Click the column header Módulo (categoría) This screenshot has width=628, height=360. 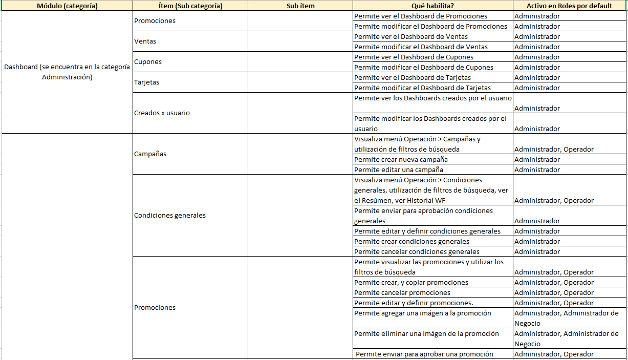tap(67, 6)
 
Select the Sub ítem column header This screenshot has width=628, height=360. tap(300, 6)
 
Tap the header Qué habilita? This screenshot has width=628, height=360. tap(432, 6)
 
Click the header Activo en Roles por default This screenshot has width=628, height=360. tap(570, 6)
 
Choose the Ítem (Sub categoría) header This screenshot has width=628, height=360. tap(190, 6)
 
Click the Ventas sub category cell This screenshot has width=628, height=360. tap(145, 41)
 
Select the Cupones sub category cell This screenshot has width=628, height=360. tap(148, 62)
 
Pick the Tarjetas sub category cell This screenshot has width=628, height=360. tap(146, 82)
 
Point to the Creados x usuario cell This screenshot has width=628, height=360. tap(162, 113)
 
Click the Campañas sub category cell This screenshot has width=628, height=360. tap(150, 154)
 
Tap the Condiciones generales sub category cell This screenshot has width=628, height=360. tap(170, 216)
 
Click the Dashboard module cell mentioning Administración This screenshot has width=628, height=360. tap(67, 72)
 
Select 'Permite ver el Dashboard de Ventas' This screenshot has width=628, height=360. tap(411, 36)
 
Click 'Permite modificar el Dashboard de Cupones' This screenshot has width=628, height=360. tap(424, 67)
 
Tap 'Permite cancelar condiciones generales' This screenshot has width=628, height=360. tap(417, 251)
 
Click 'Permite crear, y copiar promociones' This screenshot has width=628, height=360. tap(411, 282)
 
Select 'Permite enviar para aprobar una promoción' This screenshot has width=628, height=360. tap(424, 354)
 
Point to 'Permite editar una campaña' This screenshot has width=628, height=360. tap(399, 170)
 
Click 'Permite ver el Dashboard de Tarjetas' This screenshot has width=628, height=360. tap(413, 77)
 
